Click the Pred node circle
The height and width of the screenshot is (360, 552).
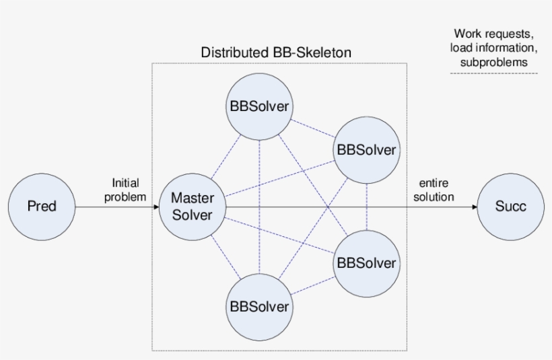point(42,207)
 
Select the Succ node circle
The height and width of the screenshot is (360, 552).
point(510,207)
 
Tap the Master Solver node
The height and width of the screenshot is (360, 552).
point(192,207)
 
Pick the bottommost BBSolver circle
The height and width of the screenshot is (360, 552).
point(259,307)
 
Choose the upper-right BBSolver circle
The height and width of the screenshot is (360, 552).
point(366,149)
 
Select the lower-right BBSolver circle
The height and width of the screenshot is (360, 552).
point(366,263)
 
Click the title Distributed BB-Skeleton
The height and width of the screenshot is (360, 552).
point(276,52)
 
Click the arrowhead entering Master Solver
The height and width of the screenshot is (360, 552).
point(156,207)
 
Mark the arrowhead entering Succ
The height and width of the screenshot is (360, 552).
point(473,207)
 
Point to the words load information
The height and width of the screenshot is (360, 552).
point(494,48)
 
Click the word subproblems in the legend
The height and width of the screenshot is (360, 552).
point(494,62)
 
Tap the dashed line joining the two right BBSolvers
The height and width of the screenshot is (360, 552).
point(366,206)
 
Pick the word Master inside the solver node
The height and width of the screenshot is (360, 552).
point(192,199)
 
